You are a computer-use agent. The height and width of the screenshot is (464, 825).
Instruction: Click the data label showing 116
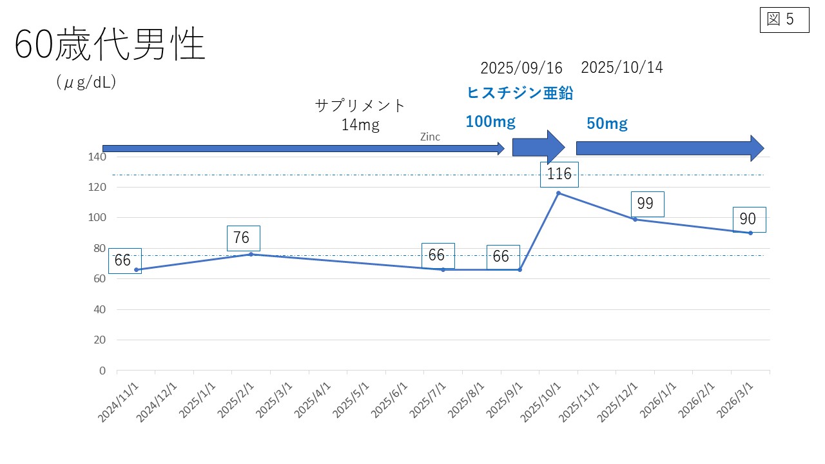(x=559, y=174)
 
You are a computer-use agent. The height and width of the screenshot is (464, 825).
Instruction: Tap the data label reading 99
(x=645, y=204)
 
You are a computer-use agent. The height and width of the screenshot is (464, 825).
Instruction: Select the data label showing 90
(x=748, y=219)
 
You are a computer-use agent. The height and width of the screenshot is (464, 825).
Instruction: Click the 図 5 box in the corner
(x=784, y=19)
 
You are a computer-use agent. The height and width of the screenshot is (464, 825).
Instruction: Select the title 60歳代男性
(x=110, y=46)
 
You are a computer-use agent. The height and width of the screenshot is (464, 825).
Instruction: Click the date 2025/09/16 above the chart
(x=521, y=68)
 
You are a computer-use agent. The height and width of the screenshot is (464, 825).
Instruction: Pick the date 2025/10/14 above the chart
(x=621, y=67)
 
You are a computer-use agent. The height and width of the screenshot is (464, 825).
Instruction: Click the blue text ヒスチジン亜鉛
(x=519, y=93)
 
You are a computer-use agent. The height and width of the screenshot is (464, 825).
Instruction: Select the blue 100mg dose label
(x=490, y=121)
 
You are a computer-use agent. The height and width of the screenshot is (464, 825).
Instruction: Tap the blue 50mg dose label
(x=607, y=124)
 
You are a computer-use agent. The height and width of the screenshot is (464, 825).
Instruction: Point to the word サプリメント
(x=360, y=105)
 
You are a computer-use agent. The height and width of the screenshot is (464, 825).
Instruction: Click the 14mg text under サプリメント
(x=360, y=125)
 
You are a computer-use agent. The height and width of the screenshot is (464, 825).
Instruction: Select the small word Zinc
(x=430, y=137)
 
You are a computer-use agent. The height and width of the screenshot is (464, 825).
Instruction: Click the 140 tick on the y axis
(x=98, y=157)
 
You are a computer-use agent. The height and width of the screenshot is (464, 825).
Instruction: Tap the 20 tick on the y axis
(x=100, y=340)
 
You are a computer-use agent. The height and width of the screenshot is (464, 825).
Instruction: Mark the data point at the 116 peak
(x=558, y=193)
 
